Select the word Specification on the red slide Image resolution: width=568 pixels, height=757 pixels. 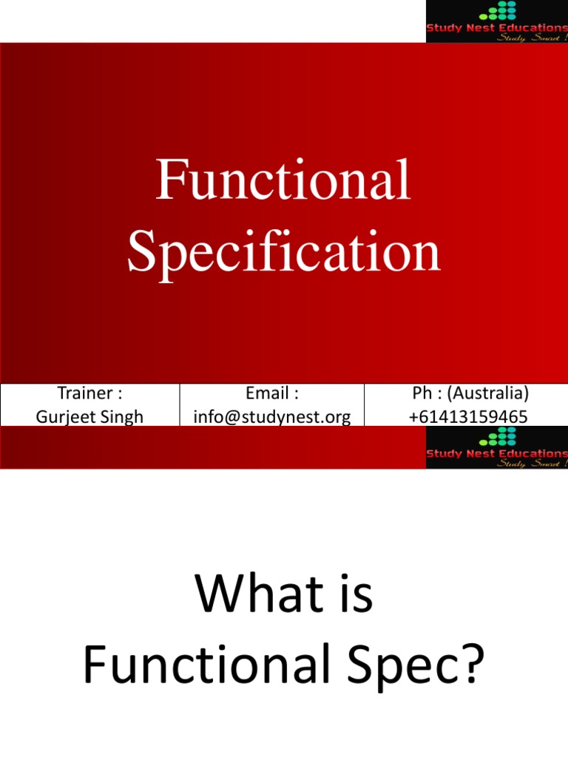tap(283, 251)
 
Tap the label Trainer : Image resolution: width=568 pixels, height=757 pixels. tap(89, 393)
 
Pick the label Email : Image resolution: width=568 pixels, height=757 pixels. tap(272, 393)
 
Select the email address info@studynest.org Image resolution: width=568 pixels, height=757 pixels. tap(272, 417)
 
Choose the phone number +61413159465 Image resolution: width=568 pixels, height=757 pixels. tap(468, 417)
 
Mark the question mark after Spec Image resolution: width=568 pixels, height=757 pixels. tap(471, 663)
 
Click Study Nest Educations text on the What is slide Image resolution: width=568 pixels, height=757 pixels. tap(497, 453)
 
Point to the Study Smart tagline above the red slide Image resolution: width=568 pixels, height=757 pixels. tap(530, 37)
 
